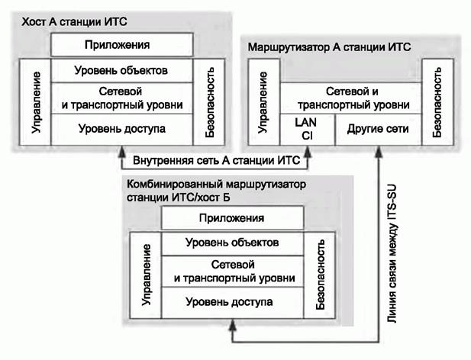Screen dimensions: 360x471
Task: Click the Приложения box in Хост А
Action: [x=121, y=46]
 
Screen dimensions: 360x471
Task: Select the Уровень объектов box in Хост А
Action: [x=121, y=71]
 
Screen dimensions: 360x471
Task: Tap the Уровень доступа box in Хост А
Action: [x=121, y=128]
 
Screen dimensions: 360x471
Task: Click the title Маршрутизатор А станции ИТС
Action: [x=329, y=47]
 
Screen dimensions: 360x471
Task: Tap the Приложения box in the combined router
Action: [x=231, y=219]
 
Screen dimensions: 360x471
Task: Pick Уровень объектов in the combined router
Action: [x=231, y=243]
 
